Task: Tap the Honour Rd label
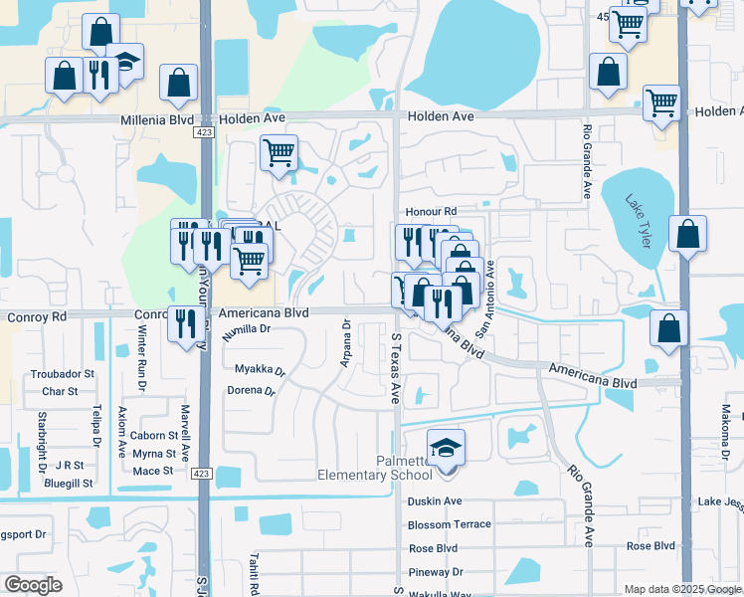(x=431, y=212)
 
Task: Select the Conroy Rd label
(x=36, y=316)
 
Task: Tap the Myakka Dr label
(x=260, y=369)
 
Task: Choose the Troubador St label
(x=62, y=374)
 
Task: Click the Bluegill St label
(x=68, y=483)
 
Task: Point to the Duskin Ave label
(x=435, y=501)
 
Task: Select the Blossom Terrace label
(x=449, y=524)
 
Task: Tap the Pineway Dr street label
(x=435, y=572)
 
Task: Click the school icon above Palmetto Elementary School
(x=447, y=445)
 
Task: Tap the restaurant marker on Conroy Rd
(x=185, y=323)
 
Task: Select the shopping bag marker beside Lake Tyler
(x=687, y=236)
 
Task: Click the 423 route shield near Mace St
(x=202, y=473)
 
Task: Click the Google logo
(x=33, y=585)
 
